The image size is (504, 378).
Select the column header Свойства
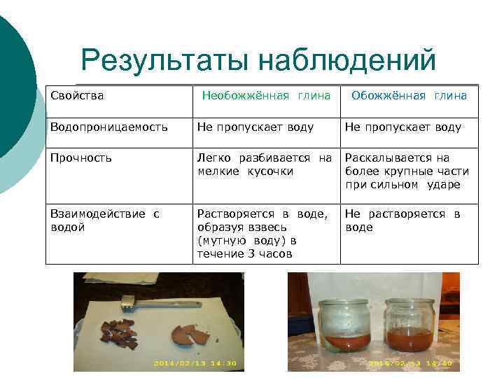[x=77, y=95]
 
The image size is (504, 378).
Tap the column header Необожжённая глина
[x=266, y=95]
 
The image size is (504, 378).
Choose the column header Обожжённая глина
[x=409, y=95]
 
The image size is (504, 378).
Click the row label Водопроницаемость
[x=108, y=127]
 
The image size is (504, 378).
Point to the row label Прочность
[x=81, y=158]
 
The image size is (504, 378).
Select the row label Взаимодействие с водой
[x=105, y=220]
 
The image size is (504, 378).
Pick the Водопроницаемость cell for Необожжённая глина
[x=255, y=127]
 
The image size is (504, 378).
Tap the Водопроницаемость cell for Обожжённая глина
[x=403, y=127]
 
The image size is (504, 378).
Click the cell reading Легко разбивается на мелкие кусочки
[x=265, y=164]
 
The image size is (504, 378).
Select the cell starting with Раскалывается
[x=407, y=171]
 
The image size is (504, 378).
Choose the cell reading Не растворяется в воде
[x=402, y=220]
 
